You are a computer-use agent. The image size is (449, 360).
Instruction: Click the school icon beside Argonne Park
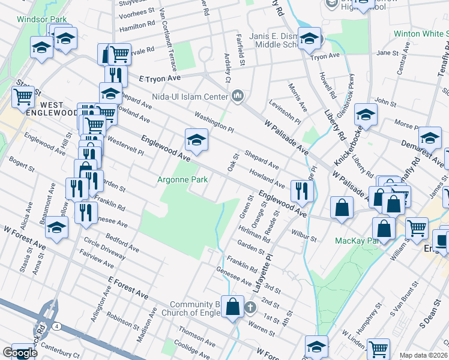pyautogui.click(x=196, y=140)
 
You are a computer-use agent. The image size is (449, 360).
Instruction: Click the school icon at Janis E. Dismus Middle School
pyautogui.click(x=309, y=38)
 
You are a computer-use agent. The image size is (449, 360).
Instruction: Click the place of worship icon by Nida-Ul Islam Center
pyautogui.click(x=238, y=96)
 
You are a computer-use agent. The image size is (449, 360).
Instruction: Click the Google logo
pyautogui.click(x=20, y=353)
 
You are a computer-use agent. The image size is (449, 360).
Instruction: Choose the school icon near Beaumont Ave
pyautogui.click(x=57, y=228)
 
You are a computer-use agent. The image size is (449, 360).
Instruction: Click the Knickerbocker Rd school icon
pyautogui.click(x=365, y=113)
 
